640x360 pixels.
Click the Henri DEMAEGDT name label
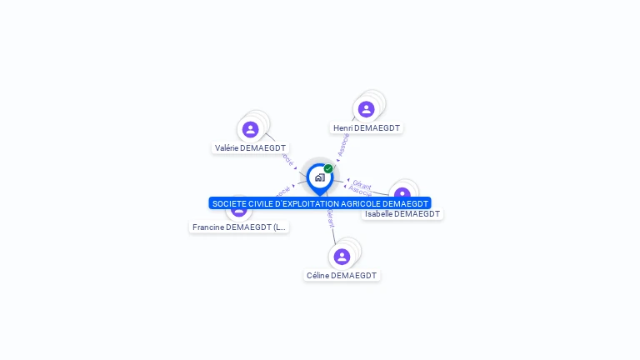(x=367, y=128)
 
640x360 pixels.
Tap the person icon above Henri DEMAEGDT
(x=367, y=109)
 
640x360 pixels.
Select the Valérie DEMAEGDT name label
(x=250, y=148)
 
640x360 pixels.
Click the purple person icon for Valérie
(x=250, y=129)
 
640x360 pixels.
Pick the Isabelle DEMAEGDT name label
(x=402, y=214)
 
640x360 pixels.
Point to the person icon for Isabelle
(x=402, y=193)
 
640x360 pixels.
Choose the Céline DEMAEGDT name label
(x=342, y=276)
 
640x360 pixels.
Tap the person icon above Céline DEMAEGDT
(x=342, y=257)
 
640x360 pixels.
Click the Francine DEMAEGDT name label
(x=239, y=227)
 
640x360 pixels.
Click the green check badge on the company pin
(x=328, y=169)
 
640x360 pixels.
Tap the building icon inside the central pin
(x=319, y=177)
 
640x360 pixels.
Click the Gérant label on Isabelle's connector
(x=362, y=183)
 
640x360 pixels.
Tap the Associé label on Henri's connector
(x=342, y=144)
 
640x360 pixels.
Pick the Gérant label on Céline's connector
(x=330, y=218)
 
